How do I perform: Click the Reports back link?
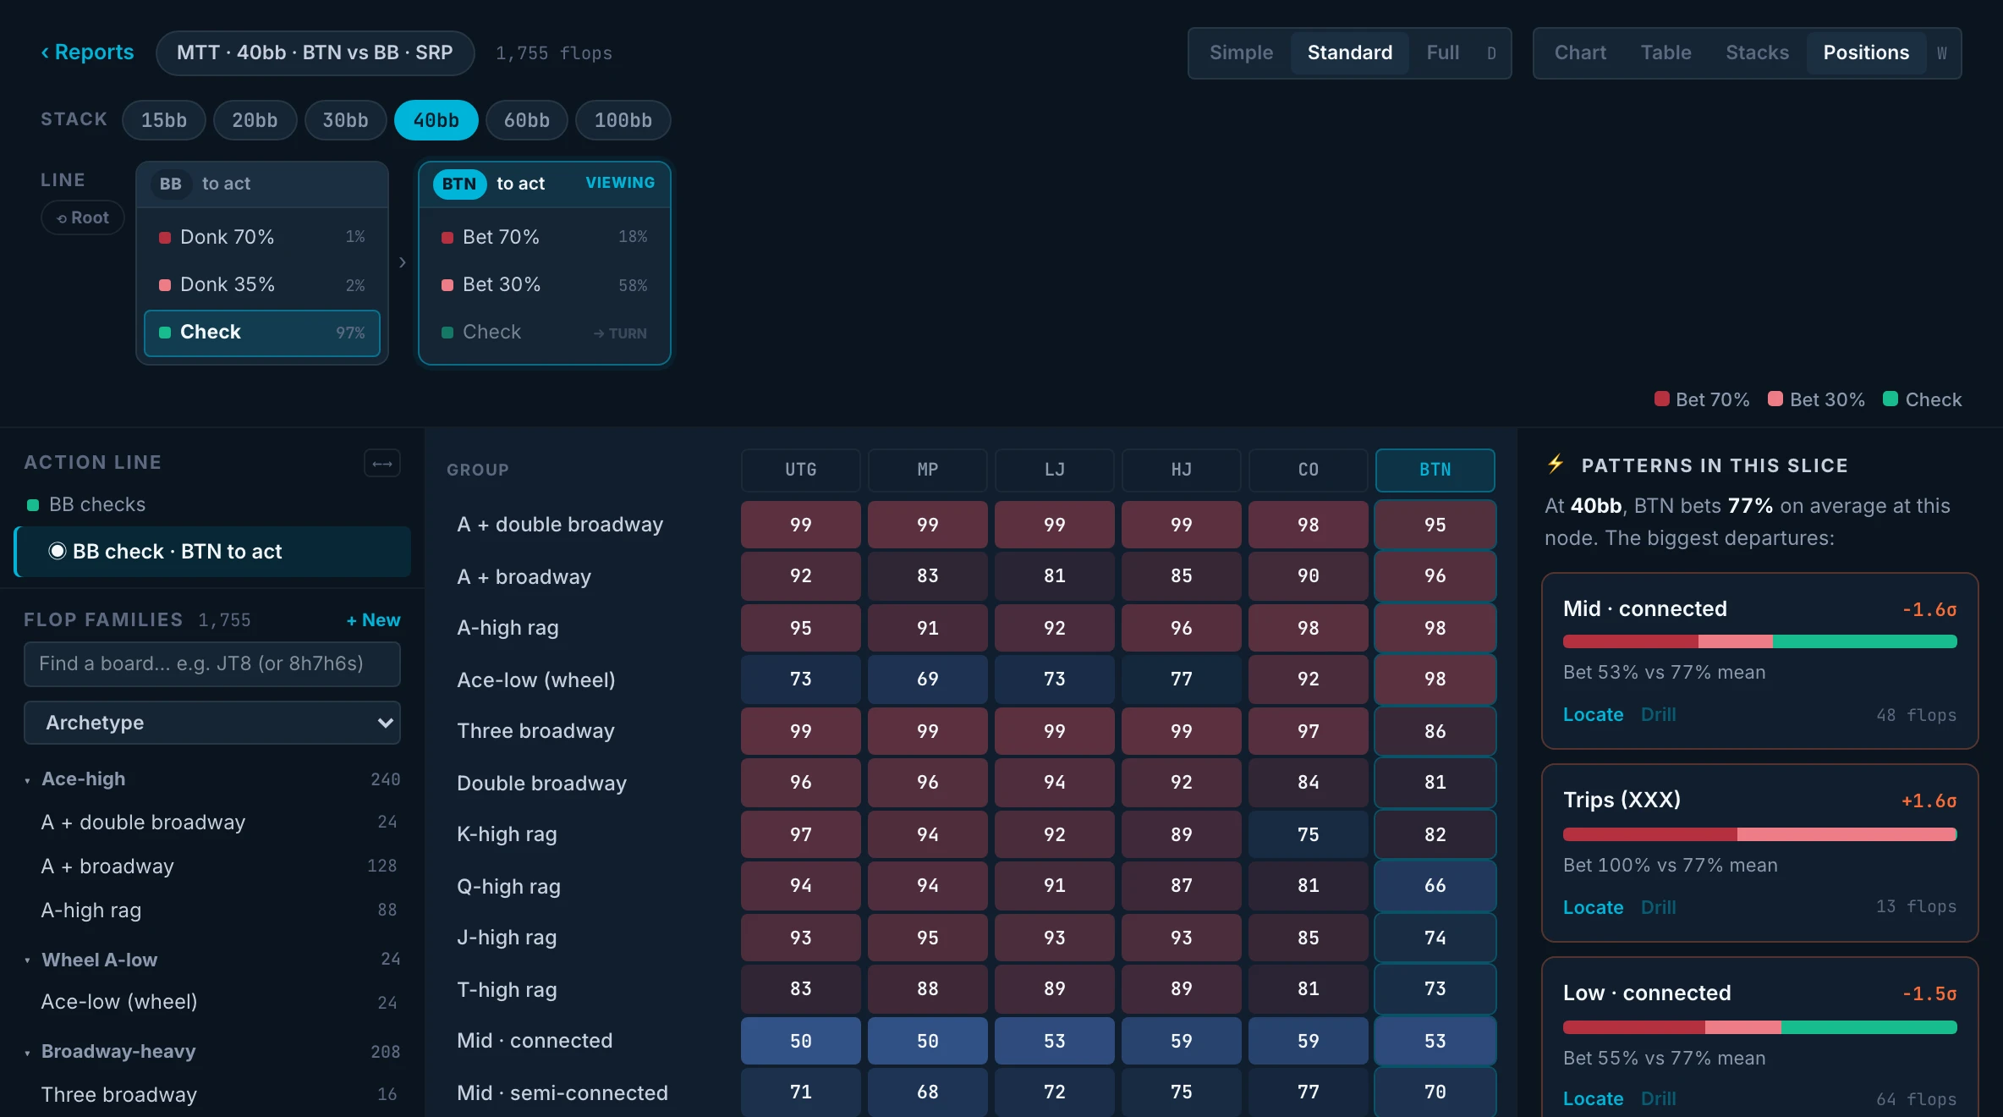click(87, 52)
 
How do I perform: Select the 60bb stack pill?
click(527, 120)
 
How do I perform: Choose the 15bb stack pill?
click(164, 120)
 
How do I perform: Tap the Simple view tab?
click(1241, 52)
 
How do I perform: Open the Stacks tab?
click(1757, 52)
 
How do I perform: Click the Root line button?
click(83, 217)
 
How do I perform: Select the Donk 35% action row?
click(262, 284)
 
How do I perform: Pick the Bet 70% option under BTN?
click(545, 237)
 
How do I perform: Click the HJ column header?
click(1182, 470)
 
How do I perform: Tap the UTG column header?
click(801, 470)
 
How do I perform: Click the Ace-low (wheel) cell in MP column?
click(928, 679)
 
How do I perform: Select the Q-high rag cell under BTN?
click(1435, 885)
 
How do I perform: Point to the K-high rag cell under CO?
click(1309, 834)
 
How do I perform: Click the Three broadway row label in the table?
click(535, 731)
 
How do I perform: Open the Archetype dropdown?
click(212, 723)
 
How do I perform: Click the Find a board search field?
click(212, 663)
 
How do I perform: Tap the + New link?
click(373, 620)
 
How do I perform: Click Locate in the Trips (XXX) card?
click(1593, 907)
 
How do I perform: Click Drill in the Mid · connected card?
click(1658, 714)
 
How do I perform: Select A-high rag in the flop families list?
click(91, 911)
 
